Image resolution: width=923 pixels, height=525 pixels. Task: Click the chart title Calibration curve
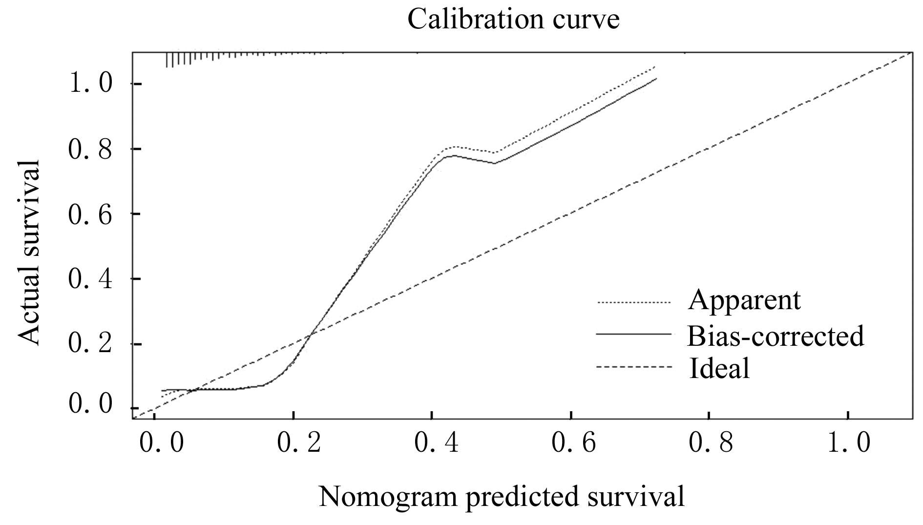point(513,20)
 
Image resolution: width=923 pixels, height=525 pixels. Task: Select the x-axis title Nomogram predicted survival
point(501,497)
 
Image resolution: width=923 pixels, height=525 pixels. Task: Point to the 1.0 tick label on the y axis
point(91,84)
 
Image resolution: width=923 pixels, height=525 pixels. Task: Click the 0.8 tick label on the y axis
point(91,148)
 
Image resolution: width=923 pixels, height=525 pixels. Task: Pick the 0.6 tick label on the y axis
point(91,214)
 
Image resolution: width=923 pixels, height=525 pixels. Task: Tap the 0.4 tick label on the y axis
point(91,279)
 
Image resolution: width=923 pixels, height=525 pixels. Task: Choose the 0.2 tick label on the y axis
point(91,344)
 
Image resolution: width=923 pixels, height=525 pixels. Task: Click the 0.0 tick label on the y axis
point(91,404)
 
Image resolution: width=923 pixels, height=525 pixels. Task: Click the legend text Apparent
point(744,300)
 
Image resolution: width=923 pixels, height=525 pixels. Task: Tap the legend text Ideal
point(719,368)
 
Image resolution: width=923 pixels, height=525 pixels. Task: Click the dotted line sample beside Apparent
point(633,303)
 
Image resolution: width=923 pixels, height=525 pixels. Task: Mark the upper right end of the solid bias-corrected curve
point(656,79)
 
